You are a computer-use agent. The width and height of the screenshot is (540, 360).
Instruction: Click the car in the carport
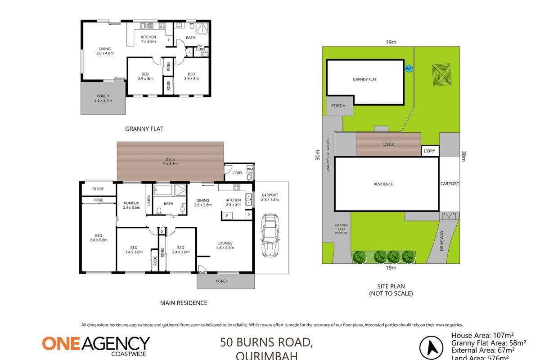pos(270,235)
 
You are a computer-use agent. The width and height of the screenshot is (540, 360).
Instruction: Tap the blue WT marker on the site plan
pos(409,68)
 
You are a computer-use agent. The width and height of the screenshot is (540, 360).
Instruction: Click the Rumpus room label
pos(132,205)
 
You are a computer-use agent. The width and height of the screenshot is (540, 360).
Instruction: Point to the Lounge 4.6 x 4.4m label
pos(224,245)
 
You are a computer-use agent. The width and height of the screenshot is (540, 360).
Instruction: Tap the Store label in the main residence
pos(98,189)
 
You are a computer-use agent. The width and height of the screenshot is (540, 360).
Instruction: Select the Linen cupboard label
pos(148,200)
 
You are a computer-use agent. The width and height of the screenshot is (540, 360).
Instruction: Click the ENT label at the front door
pos(202,273)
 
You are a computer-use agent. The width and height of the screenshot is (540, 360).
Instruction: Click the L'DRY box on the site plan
pos(430,151)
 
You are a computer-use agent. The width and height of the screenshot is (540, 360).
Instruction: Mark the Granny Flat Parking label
pos(342,229)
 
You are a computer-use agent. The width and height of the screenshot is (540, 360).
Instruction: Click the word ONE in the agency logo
pos(61,343)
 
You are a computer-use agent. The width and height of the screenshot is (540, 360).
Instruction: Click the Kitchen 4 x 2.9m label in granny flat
pos(148,39)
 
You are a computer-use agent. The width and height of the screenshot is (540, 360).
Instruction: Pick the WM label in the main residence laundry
pos(249,169)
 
